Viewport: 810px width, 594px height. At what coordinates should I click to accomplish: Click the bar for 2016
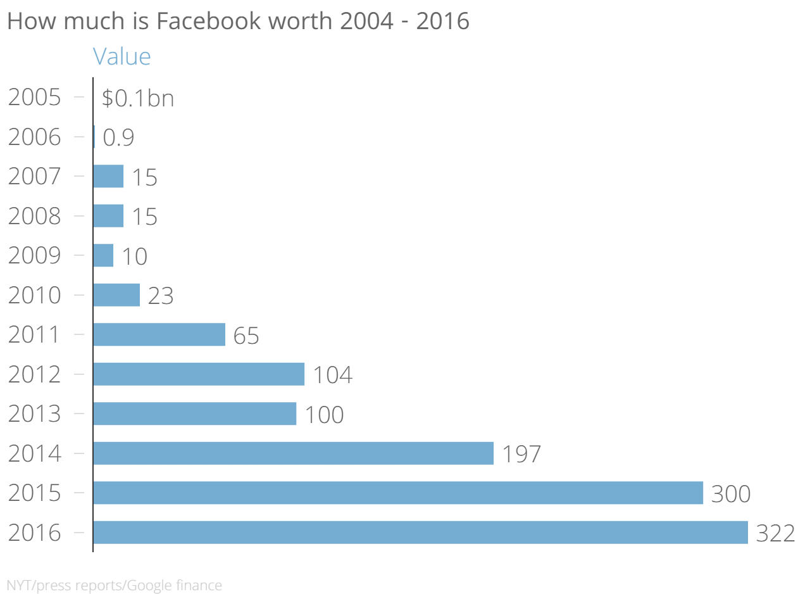(x=420, y=533)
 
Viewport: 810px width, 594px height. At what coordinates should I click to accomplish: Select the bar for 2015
(x=397, y=493)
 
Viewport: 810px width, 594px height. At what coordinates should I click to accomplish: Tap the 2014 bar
(x=293, y=453)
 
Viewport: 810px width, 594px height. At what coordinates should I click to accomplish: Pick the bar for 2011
(x=159, y=334)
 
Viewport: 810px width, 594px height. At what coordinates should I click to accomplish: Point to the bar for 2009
(x=103, y=256)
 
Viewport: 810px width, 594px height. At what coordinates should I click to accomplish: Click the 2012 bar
(x=199, y=374)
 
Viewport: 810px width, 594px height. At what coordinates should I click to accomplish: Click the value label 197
(x=521, y=454)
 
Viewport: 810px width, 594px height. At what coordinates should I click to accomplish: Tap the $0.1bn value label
(x=137, y=98)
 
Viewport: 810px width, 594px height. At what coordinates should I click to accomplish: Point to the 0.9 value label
(x=118, y=137)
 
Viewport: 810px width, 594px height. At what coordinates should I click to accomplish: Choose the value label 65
(x=246, y=335)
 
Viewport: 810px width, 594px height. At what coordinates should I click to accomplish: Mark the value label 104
(x=332, y=375)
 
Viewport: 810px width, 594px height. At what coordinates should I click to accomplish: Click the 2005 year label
(x=35, y=98)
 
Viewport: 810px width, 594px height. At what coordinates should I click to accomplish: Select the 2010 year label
(x=35, y=295)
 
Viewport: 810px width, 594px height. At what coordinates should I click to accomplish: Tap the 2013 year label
(x=35, y=414)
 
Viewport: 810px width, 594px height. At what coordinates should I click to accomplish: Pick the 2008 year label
(x=35, y=216)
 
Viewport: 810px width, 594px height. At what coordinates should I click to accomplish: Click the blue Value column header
(x=121, y=56)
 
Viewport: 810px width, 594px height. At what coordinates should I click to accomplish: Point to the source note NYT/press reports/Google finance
(x=114, y=585)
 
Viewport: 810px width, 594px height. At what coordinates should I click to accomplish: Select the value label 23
(x=160, y=296)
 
